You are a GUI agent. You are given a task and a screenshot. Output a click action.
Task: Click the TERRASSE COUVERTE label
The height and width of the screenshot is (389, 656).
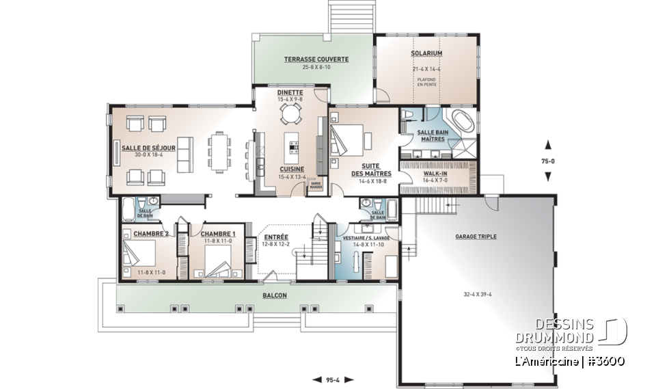(316, 59)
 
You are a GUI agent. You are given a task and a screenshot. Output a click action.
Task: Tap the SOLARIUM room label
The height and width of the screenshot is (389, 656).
(426, 53)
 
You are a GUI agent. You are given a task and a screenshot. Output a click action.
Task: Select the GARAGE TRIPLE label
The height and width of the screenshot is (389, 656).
(476, 237)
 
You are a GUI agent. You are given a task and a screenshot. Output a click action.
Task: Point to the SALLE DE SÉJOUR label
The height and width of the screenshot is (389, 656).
(148, 148)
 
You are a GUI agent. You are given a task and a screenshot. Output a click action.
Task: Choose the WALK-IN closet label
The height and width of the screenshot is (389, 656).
(435, 174)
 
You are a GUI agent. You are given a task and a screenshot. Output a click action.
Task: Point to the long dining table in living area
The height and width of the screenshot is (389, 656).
(219, 152)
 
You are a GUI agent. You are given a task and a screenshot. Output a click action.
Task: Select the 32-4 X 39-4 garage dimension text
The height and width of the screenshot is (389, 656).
(476, 296)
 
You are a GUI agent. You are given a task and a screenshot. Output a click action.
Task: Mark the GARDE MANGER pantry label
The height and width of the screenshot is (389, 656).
(316, 185)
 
